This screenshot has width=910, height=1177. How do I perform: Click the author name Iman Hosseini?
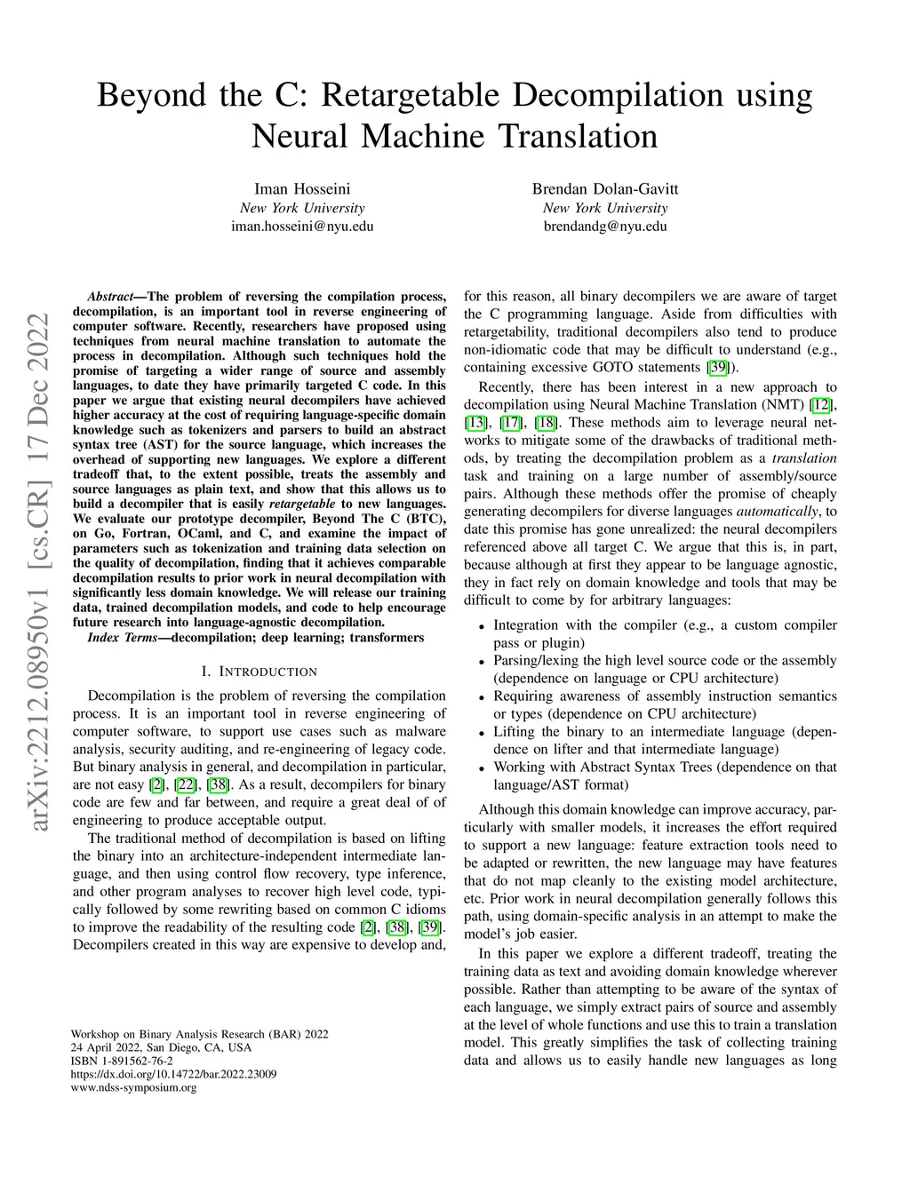click(x=302, y=188)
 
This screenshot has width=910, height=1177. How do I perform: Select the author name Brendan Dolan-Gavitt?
click(x=605, y=188)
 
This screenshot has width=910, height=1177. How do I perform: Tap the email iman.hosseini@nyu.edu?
click(x=302, y=226)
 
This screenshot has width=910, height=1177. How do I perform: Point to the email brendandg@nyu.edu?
click(x=605, y=226)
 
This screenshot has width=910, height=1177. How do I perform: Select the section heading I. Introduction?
click(x=259, y=671)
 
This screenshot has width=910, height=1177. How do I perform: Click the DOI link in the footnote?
click(x=173, y=1074)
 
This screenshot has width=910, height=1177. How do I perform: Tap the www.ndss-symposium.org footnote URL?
click(x=133, y=1087)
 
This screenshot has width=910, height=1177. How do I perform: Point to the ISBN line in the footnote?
click(x=122, y=1061)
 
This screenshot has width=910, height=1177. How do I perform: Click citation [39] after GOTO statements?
click(x=717, y=367)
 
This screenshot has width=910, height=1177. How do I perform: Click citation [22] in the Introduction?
click(x=186, y=784)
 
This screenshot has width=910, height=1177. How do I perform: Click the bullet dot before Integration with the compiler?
click(x=481, y=626)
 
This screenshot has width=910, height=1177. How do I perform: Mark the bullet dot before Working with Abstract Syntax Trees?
click(x=481, y=768)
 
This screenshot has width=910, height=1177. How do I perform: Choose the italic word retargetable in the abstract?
click(x=302, y=504)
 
